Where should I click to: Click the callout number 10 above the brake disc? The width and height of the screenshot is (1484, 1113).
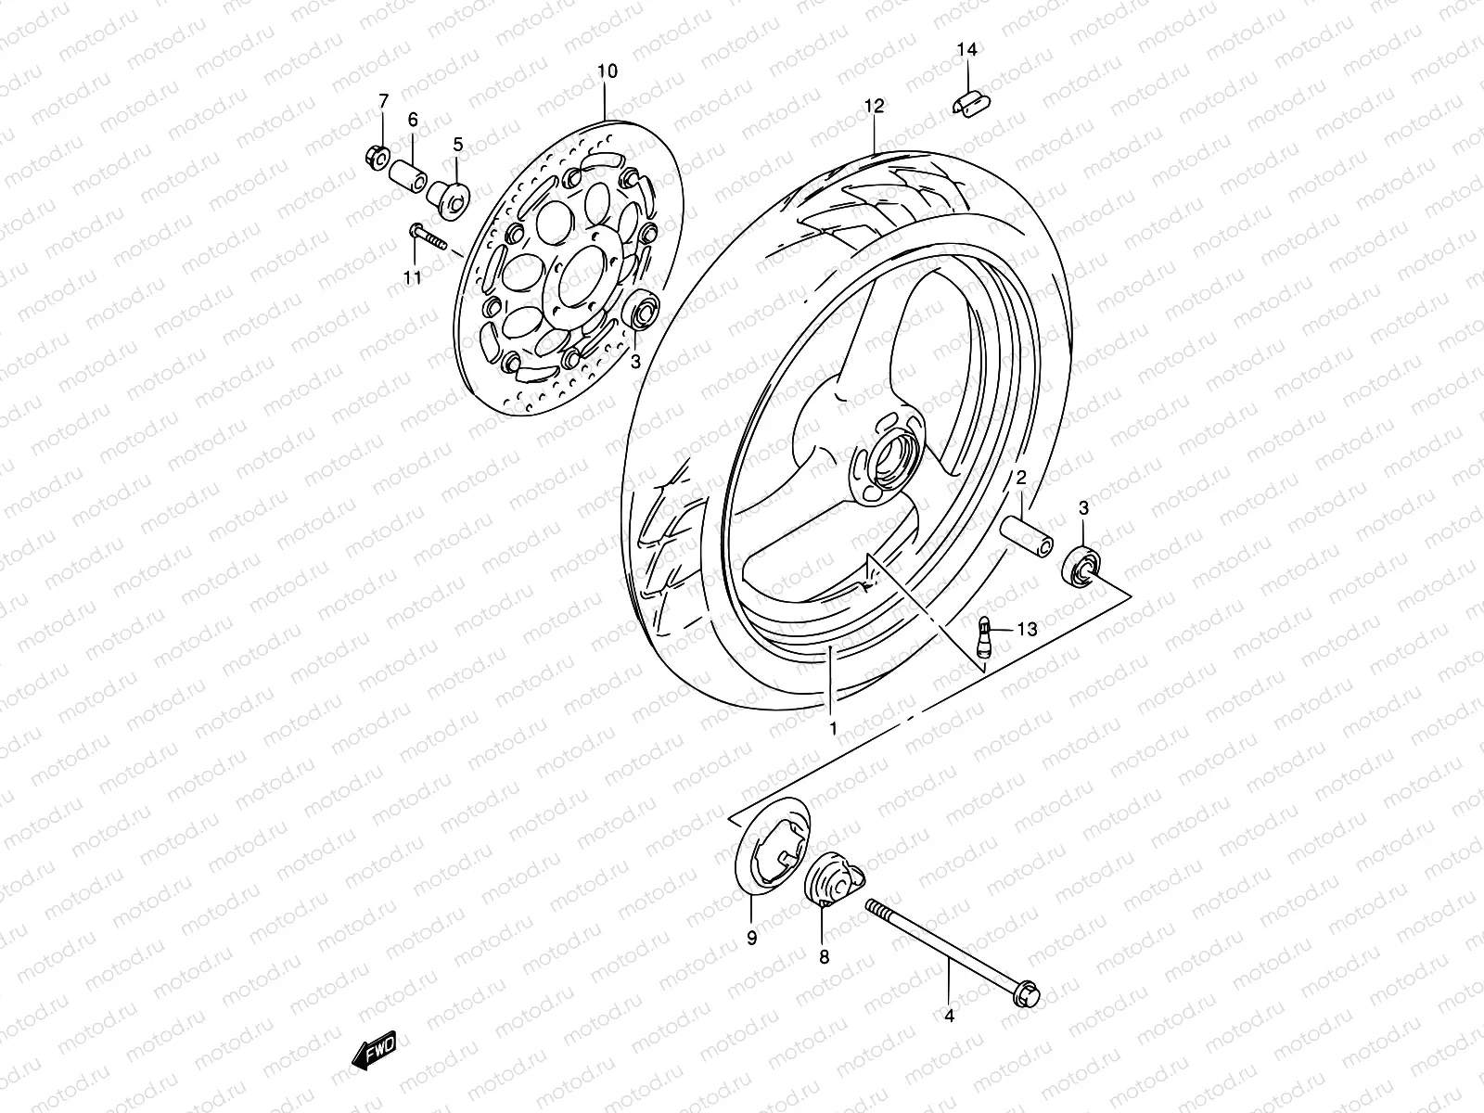pos(607,71)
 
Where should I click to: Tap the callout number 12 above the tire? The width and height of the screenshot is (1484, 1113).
pos(875,106)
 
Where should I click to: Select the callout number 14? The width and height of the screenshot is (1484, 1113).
pos(967,50)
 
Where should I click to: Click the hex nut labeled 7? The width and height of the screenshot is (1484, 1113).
pos(379,158)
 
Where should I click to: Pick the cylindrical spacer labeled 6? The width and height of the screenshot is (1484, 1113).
pos(430,175)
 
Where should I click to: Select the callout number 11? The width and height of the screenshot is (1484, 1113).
pos(413,277)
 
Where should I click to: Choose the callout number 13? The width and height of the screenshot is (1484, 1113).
pos(1026,630)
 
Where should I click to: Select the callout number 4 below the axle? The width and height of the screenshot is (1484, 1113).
pos(948,1016)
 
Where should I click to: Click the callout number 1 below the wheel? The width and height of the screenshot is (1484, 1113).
pos(833,729)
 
